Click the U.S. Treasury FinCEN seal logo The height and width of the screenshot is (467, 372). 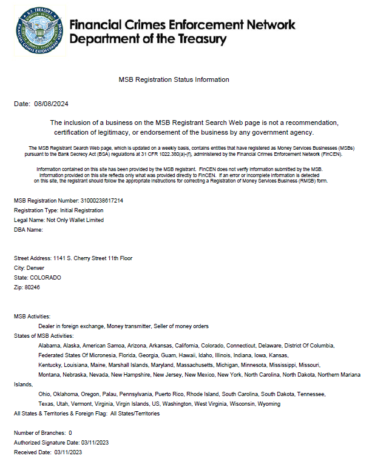pyautogui.click(x=39, y=30)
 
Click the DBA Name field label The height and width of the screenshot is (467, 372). pyautogui.click(x=29, y=230)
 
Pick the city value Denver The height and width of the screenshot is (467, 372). pyautogui.click(x=35, y=267)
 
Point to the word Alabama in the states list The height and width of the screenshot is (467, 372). pyautogui.click(x=49, y=345)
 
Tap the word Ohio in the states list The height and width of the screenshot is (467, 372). pyautogui.click(x=44, y=394)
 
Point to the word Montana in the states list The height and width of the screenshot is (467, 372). pyautogui.click(x=49, y=374)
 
